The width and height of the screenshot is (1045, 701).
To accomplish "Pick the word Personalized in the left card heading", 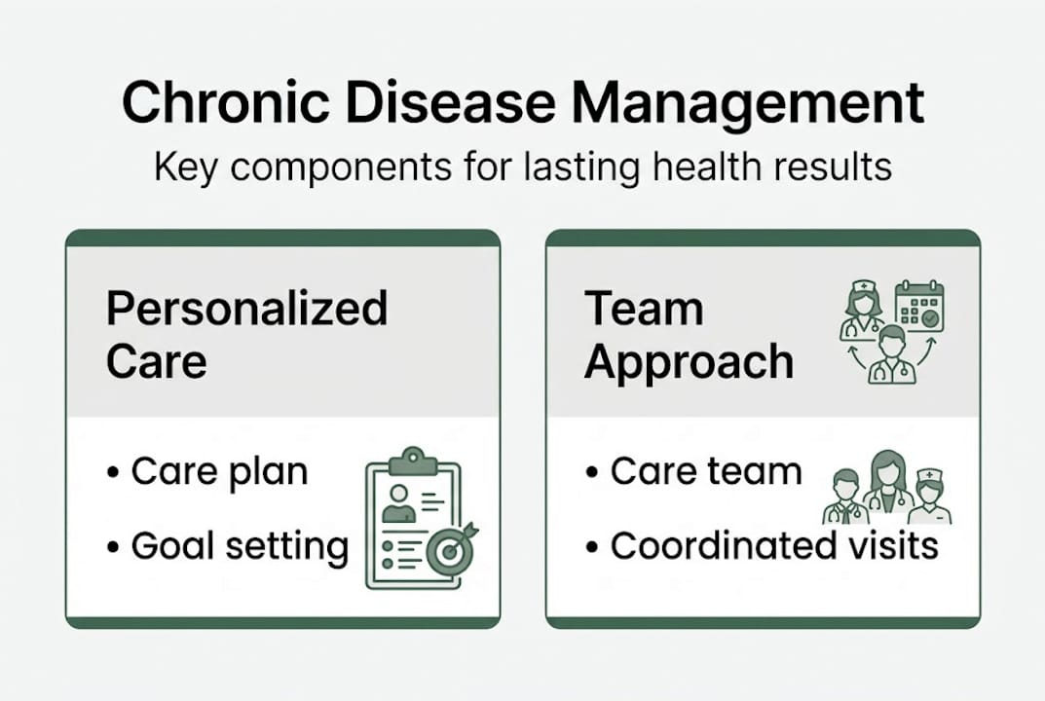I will pos(246,309).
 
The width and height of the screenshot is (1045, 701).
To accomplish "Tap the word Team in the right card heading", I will pos(644,309).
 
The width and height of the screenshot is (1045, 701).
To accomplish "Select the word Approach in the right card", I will pos(689,362).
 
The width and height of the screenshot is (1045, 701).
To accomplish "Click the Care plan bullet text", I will pos(219,472).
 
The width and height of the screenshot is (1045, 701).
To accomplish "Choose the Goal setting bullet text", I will pos(240,546).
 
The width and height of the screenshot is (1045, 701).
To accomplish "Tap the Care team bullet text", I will pos(706,472).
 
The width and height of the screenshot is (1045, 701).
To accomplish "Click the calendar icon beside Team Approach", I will pos(918,306).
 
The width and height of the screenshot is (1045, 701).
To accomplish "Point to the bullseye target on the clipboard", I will pos(450,551).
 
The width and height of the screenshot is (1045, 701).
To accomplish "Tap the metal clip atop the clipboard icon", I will pos(413,459).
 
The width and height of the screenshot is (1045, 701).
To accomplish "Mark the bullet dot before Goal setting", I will pos(113,548).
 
